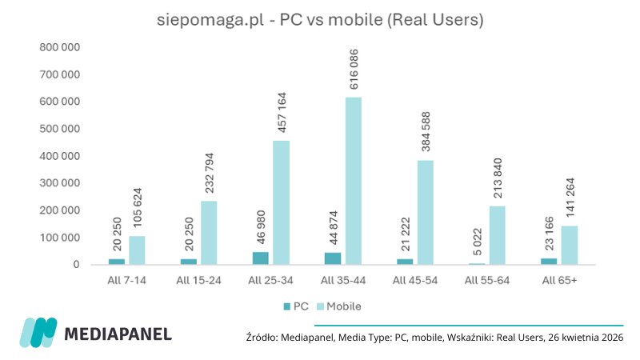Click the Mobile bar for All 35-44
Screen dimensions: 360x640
point(354,181)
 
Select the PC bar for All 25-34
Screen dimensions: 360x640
point(261,258)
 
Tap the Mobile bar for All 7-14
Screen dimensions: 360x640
point(137,250)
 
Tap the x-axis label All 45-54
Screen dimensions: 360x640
point(414,280)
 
